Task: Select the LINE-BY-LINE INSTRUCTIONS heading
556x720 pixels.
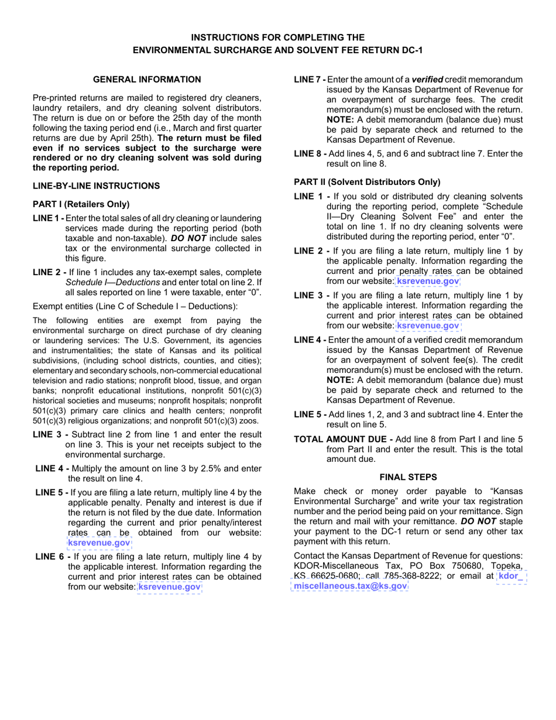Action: click(96, 186)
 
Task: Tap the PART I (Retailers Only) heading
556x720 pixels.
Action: click(81, 204)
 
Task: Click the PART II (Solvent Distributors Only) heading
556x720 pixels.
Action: click(367, 181)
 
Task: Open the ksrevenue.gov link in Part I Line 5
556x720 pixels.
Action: click(99, 543)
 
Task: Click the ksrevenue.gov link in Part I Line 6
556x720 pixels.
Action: click(169, 586)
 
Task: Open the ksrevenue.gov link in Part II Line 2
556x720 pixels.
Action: click(428, 282)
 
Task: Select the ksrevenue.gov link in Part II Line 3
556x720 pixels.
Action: click(428, 325)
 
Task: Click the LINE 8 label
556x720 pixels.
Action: click(310, 153)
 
